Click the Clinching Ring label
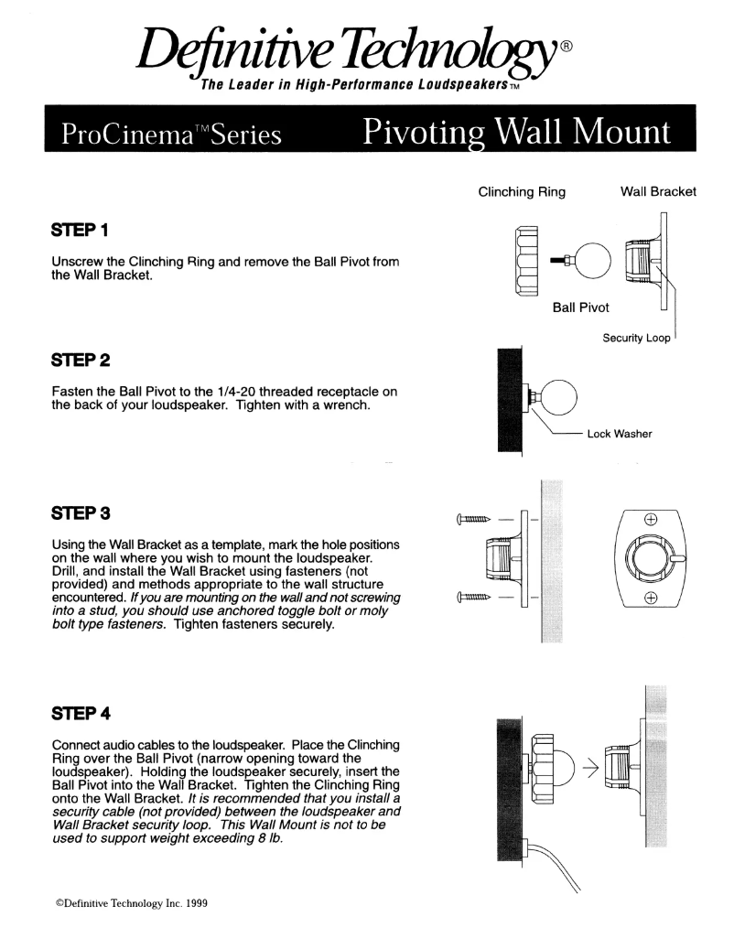tap(523, 192)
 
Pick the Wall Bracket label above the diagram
tap(654, 192)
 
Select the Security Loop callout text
tap(636, 338)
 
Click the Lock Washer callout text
tap(620, 434)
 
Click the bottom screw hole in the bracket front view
tap(651, 599)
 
